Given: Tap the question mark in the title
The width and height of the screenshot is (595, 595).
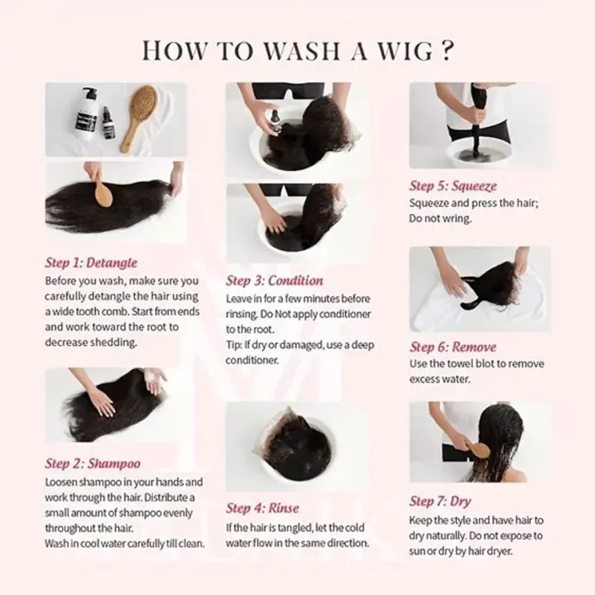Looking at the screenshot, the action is click(447, 50).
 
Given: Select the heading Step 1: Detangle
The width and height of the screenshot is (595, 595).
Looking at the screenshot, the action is click(91, 263).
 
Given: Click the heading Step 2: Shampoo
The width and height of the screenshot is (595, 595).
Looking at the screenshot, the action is click(92, 463).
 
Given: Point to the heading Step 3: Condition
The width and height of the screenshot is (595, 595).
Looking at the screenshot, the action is click(274, 280).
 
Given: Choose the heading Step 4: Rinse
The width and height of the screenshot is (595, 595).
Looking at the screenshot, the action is click(263, 508).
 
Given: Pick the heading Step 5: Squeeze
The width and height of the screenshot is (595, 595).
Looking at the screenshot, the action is click(453, 185).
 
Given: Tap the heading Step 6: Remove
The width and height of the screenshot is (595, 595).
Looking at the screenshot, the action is click(453, 347).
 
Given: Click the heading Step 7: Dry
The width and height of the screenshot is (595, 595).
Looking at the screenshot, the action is click(440, 501).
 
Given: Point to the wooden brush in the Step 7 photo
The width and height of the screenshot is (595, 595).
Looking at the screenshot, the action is click(473, 448).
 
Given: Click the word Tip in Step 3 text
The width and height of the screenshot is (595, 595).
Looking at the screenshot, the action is click(234, 345).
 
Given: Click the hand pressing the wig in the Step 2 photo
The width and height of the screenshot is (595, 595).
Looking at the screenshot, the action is click(100, 402).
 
